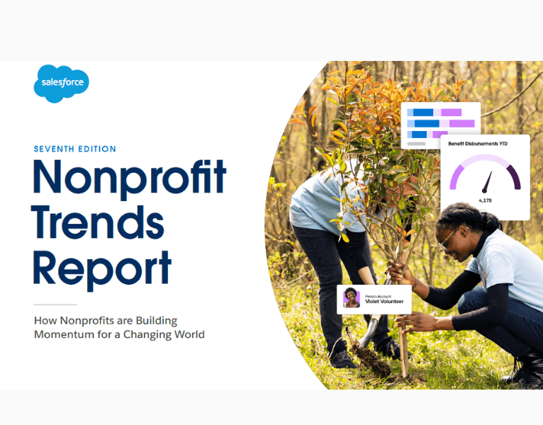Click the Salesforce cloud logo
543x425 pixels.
click(61, 84)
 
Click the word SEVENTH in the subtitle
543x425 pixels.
click(56, 149)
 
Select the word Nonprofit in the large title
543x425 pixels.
click(129, 178)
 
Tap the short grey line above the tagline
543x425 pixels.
click(55, 304)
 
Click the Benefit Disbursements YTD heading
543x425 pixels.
click(478, 144)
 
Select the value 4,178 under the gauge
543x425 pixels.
click(486, 201)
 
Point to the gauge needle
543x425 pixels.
click(487, 182)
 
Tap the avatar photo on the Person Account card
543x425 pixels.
click(352, 297)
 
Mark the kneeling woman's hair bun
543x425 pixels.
click(483, 217)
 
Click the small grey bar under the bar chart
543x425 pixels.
click(416, 143)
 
